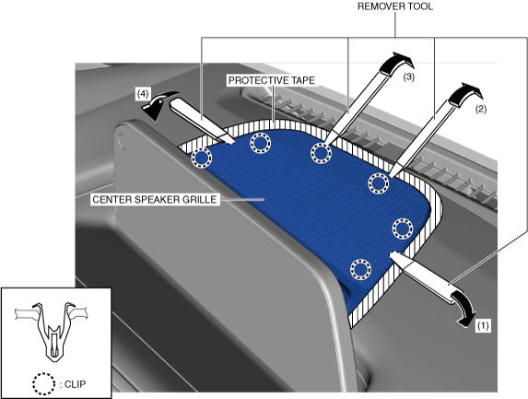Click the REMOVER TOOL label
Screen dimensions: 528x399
pos(395,6)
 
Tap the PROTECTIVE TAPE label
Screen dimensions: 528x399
pos(272,80)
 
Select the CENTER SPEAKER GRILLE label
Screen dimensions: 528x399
pos(155,199)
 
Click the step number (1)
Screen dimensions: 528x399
pos(483,325)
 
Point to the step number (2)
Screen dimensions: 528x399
pos(480,109)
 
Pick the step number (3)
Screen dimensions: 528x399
pos(408,76)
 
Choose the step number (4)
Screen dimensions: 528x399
pos(143,94)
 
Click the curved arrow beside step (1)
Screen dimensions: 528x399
pos(465,307)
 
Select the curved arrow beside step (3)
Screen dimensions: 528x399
pos(397,63)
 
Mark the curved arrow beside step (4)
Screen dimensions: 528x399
pos(158,104)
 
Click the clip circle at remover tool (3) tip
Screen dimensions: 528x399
pos(321,153)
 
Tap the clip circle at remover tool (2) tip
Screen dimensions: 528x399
pos(379,183)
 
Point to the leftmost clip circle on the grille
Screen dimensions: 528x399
pos(202,158)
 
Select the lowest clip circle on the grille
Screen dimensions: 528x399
pos(360,269)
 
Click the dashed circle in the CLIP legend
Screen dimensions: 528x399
pos(44,383)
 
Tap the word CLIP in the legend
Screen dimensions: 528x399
pos(75,384)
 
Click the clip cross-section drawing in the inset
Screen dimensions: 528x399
pos(52,331)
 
